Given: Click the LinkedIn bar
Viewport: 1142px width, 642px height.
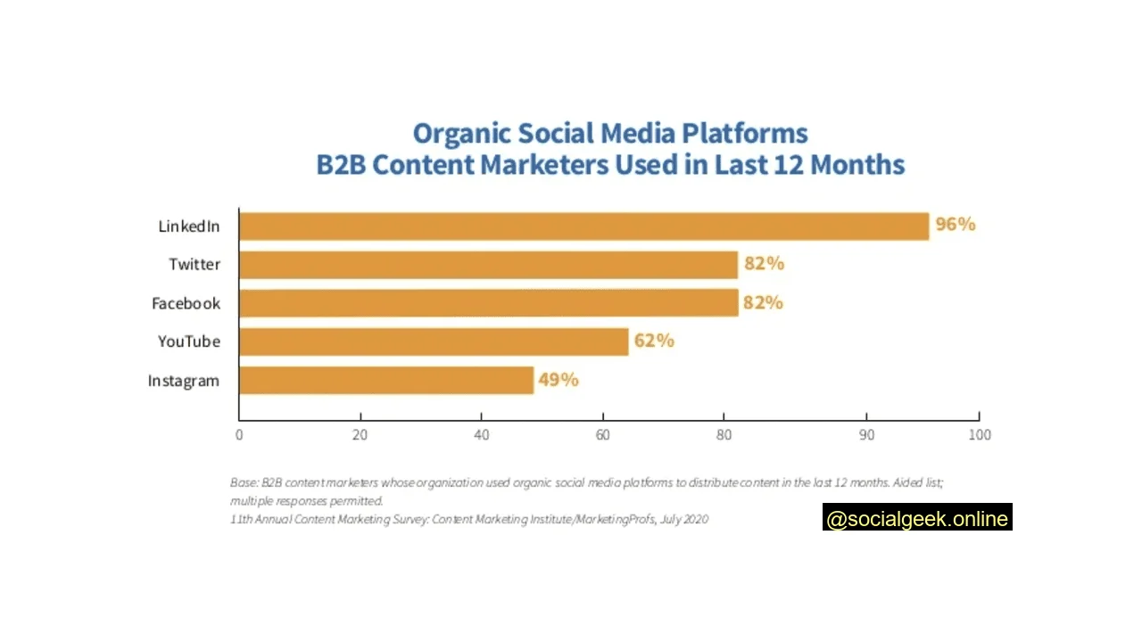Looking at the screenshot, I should [x=583, y=226].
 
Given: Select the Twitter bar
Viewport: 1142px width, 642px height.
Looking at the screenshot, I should [x=488, y=265].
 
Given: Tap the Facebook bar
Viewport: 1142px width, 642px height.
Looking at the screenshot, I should [x=488, y=303].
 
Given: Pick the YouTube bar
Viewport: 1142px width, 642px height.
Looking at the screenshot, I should [x=434, y=342].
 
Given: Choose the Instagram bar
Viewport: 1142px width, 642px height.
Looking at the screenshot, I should [x=385, y=381].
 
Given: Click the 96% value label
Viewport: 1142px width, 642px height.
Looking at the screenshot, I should [x=955, y=225].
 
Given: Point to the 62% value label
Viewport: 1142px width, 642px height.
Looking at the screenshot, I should [x=654, y=341].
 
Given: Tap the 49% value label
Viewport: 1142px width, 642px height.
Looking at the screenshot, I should [x=559, y=380].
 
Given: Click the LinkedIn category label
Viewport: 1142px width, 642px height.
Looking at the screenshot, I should [x=188, y=226].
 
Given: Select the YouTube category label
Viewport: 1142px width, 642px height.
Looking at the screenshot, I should [x=188, y=342].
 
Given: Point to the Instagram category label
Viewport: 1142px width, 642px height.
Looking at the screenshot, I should [x=183, y=381].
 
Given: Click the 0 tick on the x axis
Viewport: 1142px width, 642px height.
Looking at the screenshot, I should [x=239, y=435].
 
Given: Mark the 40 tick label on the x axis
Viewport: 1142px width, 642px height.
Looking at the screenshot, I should [x=481, y=435].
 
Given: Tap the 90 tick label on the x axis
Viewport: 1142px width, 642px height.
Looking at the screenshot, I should [x=865, y=435].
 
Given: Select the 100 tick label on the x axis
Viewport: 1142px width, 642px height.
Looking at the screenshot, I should [x=980, y=435].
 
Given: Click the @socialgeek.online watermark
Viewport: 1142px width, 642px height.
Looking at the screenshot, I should [x=917, y=519].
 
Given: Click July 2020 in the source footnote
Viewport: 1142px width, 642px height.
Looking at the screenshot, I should [x=684, y=519].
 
